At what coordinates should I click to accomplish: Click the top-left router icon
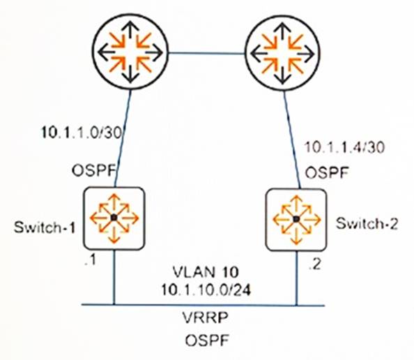click(130, 52)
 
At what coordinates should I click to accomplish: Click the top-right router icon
click(283, 53)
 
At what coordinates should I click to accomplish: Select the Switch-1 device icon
click(114, 218)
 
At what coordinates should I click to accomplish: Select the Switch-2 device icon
click(296, 219)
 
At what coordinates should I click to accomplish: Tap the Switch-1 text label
click(45, 227)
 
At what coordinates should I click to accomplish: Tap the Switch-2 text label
click(367, 224)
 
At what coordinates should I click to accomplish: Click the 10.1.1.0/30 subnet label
click(82, 133)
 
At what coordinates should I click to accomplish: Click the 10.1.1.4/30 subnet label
click(345, 147)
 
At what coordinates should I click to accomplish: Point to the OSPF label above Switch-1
click(94, 171)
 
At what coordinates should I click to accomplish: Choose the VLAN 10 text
click(206, 271)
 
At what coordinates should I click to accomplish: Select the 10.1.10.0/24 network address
click(206, 290)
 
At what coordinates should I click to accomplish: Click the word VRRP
click(206, 317)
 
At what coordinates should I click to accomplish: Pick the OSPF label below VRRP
click(206, 340)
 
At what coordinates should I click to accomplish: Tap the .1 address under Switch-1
click(91, 261)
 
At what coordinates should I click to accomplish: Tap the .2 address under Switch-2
click(315, 264)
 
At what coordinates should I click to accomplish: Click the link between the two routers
click(207, 54)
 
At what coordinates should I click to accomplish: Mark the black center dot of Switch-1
click(114, 218)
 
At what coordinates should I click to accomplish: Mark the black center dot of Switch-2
click(296, 219)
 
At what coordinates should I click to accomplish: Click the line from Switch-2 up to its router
click(292, 140)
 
